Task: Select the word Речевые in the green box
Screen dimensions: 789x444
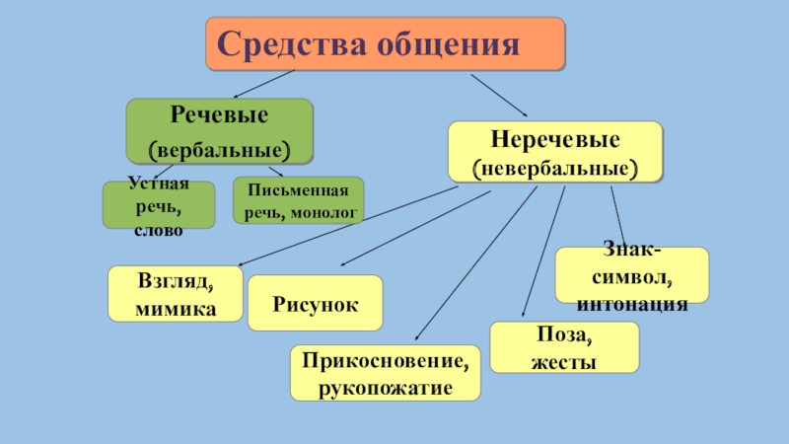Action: coord(219,115)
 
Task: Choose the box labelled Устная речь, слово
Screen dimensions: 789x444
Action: coord(159,204)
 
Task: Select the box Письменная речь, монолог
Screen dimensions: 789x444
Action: coord(298,200)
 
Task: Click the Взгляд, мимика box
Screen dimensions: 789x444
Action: coord(176,294)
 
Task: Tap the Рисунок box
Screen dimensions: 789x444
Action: coord(315,303)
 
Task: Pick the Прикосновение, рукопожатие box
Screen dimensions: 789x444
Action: coord(386,372)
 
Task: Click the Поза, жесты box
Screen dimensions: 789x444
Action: coord(564,347)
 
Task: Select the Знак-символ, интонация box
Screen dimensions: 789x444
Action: coord(632,275)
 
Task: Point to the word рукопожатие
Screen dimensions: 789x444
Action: coord(386,387)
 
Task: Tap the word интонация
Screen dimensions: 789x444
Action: coord(632,303)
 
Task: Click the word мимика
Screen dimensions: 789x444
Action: coord(176,308)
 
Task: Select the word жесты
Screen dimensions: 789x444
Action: coord(564,362)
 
